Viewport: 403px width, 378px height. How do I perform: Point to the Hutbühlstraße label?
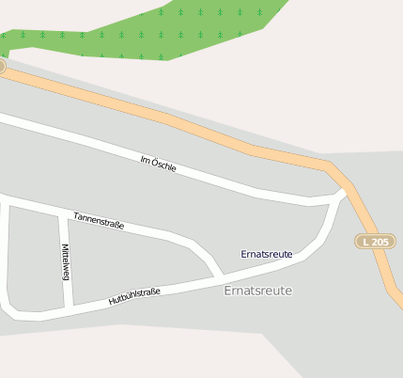(x=134, y=297)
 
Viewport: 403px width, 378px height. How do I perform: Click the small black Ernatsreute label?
(x=267, y=254)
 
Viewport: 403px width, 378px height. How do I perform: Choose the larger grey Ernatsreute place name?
(x=258, y=291)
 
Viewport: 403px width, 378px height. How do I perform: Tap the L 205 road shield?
(x=373, y=242)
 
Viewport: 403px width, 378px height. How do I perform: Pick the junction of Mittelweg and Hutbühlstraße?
(x=69, y=307)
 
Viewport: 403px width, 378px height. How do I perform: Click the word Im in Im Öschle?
(x=145, y=159)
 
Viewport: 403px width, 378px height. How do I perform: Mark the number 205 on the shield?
(x=378, y=242)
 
